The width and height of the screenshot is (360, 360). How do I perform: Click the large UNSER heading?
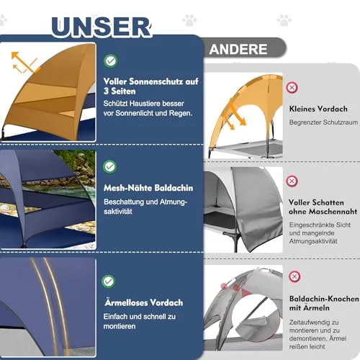[x=102, y=27]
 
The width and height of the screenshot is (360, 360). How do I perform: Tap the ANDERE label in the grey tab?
[x=238, y=49]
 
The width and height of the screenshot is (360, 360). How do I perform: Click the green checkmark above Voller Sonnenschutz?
[x=111, y=61]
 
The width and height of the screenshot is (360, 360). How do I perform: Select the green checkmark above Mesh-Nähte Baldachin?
[x=110, y=166]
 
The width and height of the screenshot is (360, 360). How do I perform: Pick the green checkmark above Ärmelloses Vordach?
[x=109, y=282]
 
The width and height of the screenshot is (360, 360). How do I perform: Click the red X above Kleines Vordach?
[x=292, y=88]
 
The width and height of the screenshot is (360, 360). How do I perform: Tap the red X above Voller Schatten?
[x=292, y=181]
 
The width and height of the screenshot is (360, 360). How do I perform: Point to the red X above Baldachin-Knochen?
[x=294, y=276]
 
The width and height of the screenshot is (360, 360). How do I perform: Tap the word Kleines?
[x=302, y=109]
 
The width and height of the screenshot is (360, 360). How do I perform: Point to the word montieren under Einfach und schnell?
[x=120, y=326]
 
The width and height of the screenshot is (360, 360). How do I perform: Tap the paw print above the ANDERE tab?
[x=189, y=20]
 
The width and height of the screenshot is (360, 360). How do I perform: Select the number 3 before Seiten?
[x=106, y=91]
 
